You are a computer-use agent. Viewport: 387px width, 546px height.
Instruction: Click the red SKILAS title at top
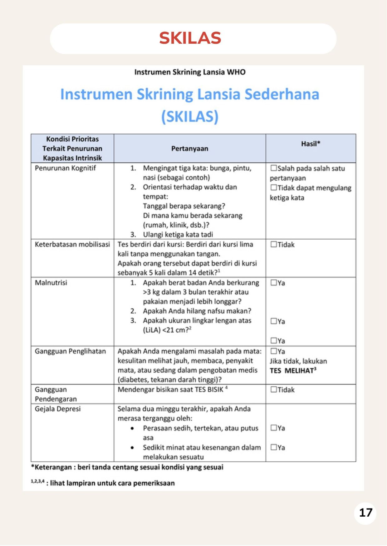click(190, 38)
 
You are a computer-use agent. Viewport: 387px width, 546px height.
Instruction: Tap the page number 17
click(365, 513)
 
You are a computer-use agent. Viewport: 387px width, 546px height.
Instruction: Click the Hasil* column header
click(311, 144)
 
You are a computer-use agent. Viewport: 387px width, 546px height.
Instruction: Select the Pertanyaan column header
click(189, 149)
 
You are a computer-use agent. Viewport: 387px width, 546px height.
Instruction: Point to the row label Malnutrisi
click(51, 283)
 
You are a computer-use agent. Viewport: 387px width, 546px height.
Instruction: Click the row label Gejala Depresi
click(58, 409)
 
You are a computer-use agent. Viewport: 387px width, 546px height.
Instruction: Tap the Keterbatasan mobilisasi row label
click(72, 245)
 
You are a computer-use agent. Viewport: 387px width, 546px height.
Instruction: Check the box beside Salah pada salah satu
click(274, 168)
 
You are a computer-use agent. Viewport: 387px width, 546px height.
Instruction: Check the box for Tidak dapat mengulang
click(274, 188)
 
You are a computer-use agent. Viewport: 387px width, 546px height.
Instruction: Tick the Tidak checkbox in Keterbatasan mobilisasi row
click(274, 245)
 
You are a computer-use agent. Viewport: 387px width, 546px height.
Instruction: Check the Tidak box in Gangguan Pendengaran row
click(274, 390)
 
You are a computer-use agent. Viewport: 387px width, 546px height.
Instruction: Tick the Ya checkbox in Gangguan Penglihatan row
click(274, 351)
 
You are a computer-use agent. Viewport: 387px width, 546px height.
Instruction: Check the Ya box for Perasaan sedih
click(274, 428)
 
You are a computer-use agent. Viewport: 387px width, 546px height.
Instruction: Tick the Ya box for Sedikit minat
click(274, 447)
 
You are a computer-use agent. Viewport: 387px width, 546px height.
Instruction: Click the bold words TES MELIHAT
click(292, 371)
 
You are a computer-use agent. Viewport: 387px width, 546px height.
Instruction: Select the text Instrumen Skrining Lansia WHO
click(190, 72)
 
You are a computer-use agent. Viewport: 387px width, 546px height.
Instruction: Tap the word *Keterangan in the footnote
click(51, 467)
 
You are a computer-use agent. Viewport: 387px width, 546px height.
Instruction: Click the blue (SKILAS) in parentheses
click(190, 117)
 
